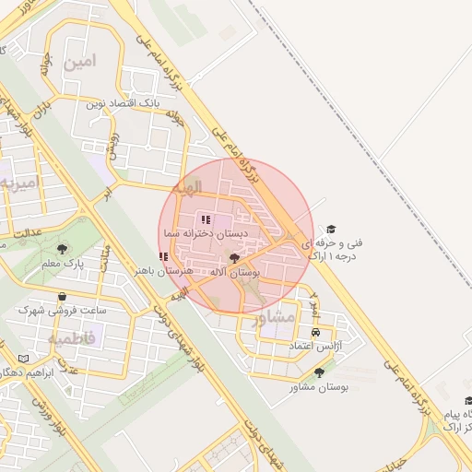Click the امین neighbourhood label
point(80,63)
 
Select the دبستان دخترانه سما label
point(202,234)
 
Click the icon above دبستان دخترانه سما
point(205,219)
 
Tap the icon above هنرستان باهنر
point(163,257)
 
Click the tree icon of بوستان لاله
point(234,259)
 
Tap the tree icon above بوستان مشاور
point(319,373)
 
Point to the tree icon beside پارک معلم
point(62,249)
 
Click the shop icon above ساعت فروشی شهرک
point(62,297)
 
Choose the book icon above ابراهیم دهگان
point(23,359)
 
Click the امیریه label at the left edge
point(16,182)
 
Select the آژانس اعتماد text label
point(316,345)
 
